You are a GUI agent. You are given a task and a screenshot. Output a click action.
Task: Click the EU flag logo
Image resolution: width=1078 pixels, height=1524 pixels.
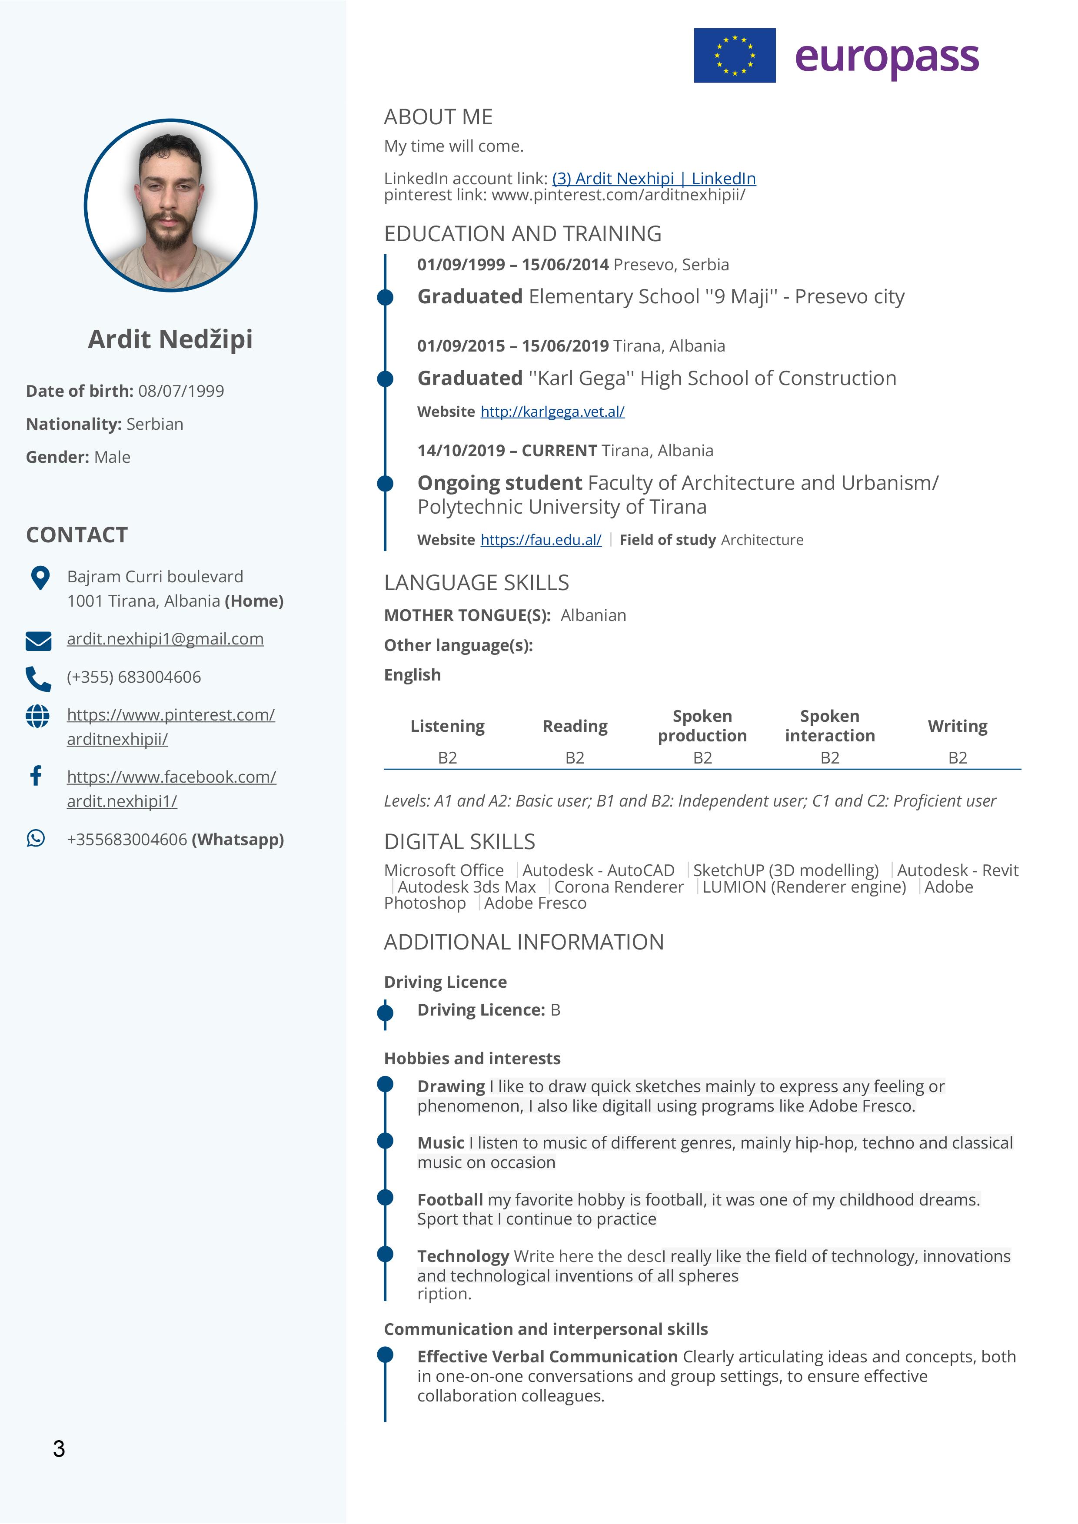point(734,55)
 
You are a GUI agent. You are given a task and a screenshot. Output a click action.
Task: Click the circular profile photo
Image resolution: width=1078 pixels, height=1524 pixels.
point(170,205)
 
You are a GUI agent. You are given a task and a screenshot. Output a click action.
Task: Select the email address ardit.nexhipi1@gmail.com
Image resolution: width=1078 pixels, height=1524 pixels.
point(165,638)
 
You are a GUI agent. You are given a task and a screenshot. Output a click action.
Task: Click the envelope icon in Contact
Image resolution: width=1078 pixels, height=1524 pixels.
point(39,641)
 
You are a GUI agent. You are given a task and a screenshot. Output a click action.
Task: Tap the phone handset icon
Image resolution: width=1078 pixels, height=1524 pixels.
point(38,678)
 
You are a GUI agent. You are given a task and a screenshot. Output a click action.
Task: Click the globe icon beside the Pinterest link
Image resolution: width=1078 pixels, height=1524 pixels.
point(37,716)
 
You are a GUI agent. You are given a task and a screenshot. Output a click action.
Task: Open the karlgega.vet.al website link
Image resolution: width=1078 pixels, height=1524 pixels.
point(552,412)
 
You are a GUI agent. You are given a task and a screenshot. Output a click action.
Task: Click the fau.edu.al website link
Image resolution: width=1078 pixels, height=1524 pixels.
point(541,540)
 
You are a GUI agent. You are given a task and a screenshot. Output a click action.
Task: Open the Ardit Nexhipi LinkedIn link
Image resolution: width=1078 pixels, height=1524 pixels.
point(654,179)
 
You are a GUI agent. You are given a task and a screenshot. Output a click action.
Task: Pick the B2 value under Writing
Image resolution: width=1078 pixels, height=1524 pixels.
point(957,757)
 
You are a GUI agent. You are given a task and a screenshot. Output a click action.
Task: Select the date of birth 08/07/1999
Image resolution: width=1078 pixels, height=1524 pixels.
point(181,391)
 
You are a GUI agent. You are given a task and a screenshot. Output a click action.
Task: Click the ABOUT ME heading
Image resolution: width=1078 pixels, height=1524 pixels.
point(438,117)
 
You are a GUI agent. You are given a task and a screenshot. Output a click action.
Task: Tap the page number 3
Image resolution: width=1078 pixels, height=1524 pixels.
point(59,1448)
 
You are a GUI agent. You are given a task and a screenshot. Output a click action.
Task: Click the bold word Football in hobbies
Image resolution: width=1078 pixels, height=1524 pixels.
point(450,1199)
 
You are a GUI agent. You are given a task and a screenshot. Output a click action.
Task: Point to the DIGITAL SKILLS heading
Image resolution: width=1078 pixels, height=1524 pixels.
point(459,842)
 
